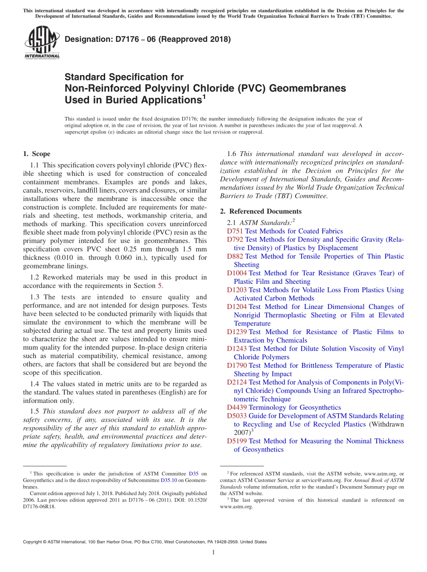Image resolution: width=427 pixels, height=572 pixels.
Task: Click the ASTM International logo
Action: [41, 43]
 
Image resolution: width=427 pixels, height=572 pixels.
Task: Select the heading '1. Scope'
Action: [36, 154]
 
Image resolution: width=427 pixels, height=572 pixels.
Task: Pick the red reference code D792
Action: [235, 240]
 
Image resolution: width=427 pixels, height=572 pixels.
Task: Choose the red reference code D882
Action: [235, 256]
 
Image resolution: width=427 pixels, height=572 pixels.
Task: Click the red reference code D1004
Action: [237, 273]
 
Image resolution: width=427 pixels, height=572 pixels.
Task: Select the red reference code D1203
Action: [237, 290]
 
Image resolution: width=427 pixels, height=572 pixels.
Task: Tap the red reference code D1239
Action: [237, 332]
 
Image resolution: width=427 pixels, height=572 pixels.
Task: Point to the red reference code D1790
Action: [237, 366]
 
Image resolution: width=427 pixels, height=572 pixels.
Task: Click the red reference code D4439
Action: [237, 407]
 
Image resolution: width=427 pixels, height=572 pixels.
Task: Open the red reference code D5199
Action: [237, 441]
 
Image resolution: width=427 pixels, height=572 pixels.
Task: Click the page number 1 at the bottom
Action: [213, 553]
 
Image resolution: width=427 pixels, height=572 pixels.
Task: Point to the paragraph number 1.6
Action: [232, 154]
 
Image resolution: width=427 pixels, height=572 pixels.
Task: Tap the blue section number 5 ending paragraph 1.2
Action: [159, 286]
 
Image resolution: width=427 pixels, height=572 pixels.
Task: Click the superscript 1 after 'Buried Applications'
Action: [204, 96]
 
